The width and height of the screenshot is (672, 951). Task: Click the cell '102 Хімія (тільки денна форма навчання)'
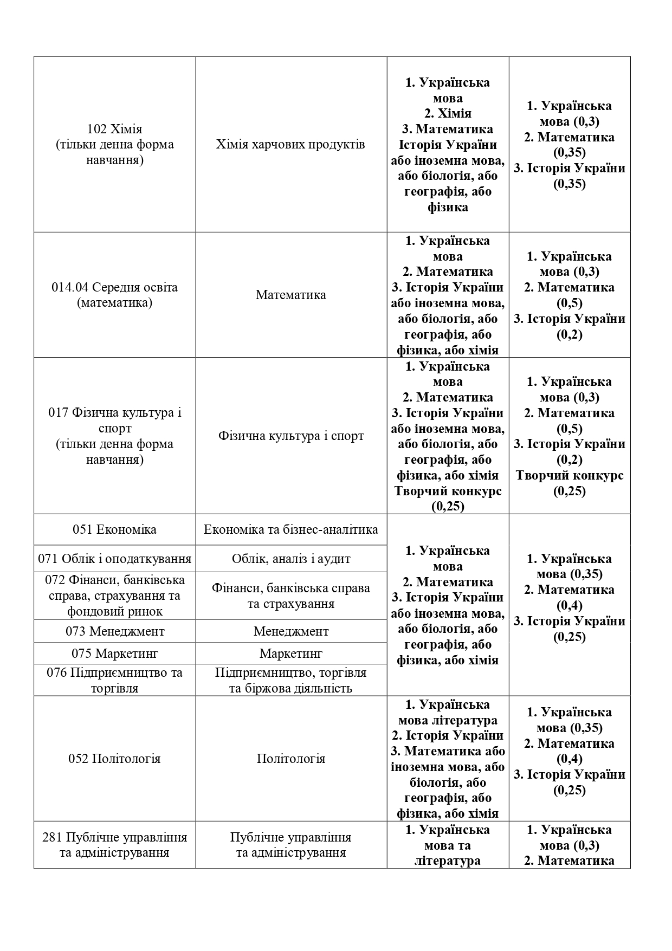click(114, 145)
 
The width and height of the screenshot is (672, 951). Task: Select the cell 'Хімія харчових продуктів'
click(290, 145)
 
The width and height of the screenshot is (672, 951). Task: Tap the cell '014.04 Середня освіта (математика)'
click(114, 295)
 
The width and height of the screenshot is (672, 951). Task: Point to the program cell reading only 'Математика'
click(290, 295)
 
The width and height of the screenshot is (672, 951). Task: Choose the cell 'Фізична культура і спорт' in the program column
click(290, 436)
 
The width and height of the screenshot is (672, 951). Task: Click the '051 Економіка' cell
click(114, 529)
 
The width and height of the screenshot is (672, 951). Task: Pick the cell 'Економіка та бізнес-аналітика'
click(290, 529)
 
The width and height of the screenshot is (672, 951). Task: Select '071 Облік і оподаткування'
click(114, 559)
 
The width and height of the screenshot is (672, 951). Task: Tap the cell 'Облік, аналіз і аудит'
click(290, 559)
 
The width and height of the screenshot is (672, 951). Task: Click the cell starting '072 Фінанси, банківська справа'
click(114, 596)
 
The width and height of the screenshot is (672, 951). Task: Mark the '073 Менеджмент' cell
click(114, 631)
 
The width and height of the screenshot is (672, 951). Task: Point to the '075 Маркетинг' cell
click(114, 654)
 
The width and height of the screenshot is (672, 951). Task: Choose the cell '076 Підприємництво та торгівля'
click(114, 680)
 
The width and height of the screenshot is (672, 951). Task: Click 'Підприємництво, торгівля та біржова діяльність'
click(290, 680)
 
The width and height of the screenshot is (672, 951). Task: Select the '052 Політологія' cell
click(114, 758)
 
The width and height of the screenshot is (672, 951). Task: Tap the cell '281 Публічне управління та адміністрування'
click(114, 845)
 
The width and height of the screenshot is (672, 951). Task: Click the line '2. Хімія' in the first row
click(448, 113)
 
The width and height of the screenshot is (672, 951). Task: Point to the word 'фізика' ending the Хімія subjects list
click(448, 207)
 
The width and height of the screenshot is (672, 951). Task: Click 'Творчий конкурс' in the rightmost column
click(570, 476)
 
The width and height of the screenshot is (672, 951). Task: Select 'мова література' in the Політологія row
click(448, 720)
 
